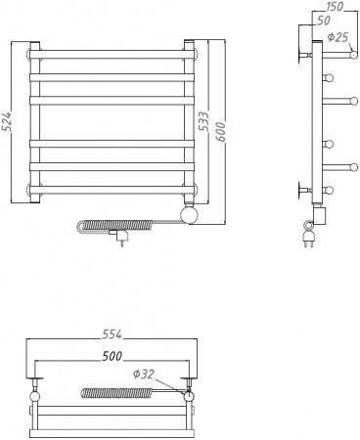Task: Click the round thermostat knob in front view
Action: [x=190, y=213]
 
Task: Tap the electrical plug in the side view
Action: [x=310, y=235]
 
